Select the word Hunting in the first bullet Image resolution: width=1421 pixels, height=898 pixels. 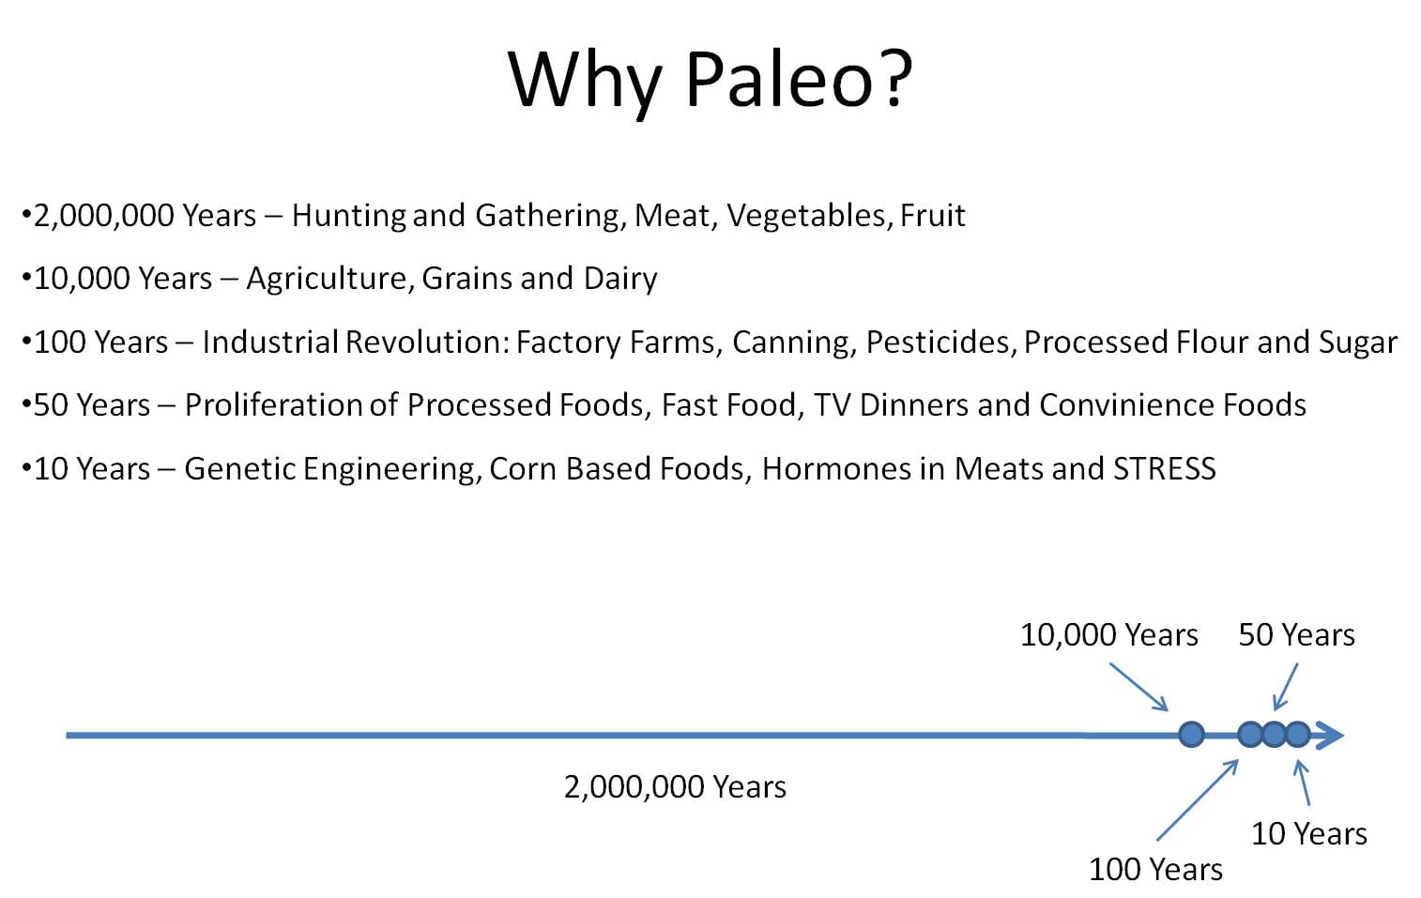pyautogui.click(x=348, y=216)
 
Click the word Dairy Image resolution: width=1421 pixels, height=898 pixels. pyautogui.click(x=620, y=280)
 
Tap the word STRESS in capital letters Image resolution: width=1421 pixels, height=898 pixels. pyautogui.click(x=1165, y=469)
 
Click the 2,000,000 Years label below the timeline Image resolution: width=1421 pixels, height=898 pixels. pyautogui.click(x=675, y=787)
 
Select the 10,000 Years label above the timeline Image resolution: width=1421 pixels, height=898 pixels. pyautogui.click(x=1108, y=635)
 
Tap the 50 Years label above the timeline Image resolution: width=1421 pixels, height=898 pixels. pyautogui.click(x=1297, y=635)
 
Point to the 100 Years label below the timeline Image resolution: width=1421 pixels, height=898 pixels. pyautogui.click(x=1155, y=870)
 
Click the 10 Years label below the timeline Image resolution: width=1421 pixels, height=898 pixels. pyautogui.click(x=1308, y=833)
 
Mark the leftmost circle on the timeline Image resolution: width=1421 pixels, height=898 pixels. pyautogui.click(x=1191, y=735)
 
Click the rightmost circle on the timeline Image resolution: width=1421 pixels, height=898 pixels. pyautogui.click(x=1298, y=735)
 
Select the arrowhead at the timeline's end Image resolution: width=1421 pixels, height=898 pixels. pyautogui.click(x=1330, y=736)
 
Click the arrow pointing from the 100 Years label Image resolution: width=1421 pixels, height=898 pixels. pyautogui.click(x=1198, y=799)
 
